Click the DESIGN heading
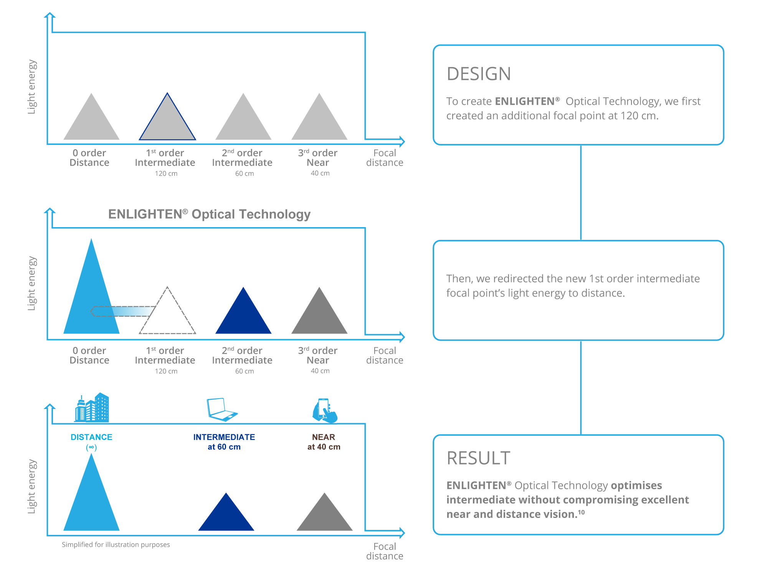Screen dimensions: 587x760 [x=479, y=74]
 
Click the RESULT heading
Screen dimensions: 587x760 [x=478, y=458]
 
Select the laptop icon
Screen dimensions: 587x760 [x=221, y=410]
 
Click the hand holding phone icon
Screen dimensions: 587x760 [x=325, y=411]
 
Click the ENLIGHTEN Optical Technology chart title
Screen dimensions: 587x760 [x=209, y=214]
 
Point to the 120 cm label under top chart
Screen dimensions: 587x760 [x=166, y=174]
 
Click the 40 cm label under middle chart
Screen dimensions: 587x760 [x=320, y=371]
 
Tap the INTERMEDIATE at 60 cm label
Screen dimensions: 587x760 [x=224, y=442]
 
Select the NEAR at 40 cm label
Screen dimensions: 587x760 [x=324, y=442]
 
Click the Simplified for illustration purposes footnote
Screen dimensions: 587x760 [x=116, y=545]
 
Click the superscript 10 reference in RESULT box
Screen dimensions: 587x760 [x=582, y=512]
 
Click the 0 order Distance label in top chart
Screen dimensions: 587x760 [x=89, y=158]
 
